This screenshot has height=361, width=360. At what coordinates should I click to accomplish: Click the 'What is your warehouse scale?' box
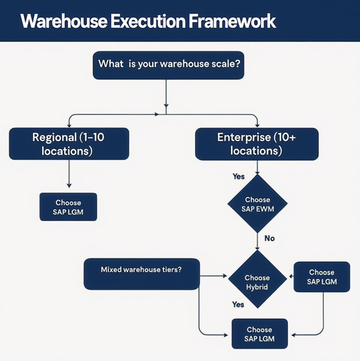[x=168, y=65]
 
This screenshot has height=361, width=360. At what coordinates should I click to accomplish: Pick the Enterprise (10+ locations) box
[x=257, y=144]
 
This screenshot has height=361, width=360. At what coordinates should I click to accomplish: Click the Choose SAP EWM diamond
[x=257, y=204]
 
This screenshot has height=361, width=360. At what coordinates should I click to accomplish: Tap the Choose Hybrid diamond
[x=257, y=282]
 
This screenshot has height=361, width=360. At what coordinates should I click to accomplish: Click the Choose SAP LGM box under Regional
[x=68, y=207]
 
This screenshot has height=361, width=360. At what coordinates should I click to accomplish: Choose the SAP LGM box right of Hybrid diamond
[x=321, y=277]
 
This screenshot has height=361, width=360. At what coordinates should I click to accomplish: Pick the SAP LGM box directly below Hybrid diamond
[x=259, y=334]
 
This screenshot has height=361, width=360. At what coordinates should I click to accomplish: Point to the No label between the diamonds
[x=269, y=238]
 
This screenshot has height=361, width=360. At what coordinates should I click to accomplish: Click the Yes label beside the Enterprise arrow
[x=238, y=177]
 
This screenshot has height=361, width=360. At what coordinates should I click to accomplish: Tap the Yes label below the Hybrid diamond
[x=238, y=304]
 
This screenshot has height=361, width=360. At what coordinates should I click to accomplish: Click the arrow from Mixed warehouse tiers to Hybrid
[x=213, y=276]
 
